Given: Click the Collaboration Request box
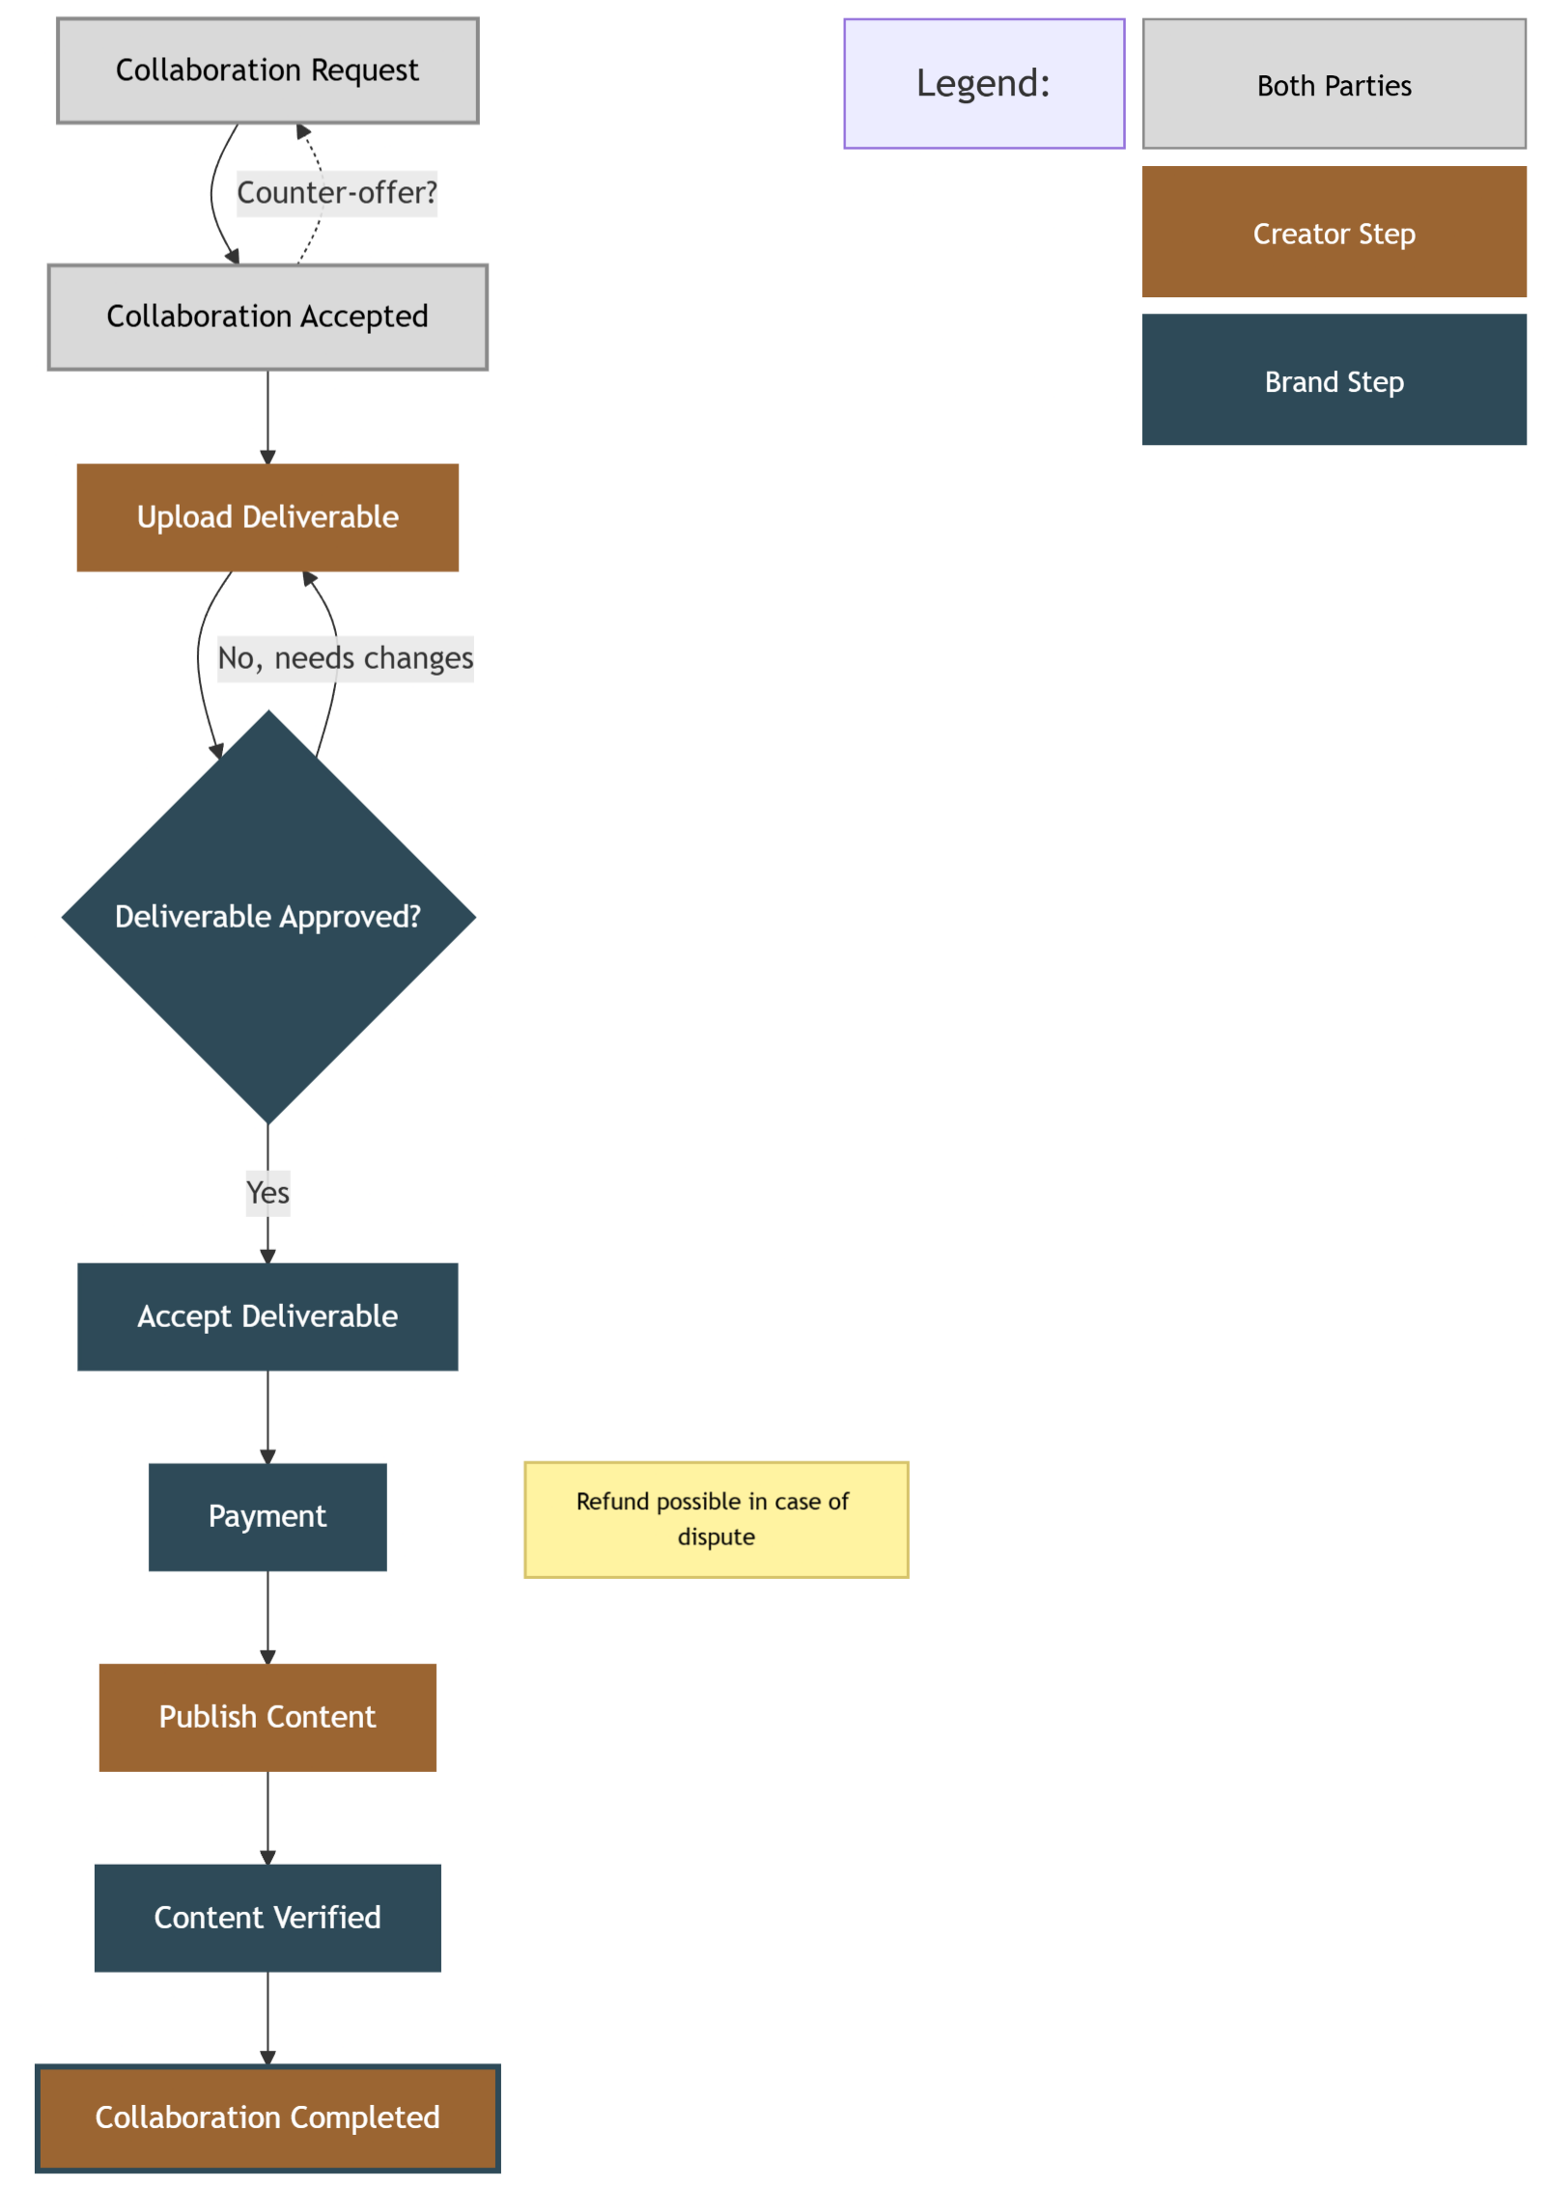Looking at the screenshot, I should [267, 70].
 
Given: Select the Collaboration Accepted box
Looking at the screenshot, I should [267, 317].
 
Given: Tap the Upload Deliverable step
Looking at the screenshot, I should [267, 517].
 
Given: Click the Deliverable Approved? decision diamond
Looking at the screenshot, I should [267, 917].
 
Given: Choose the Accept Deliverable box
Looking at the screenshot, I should [267, 1316].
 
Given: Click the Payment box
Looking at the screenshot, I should [267, 1516].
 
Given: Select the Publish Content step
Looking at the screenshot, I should [267, 1717].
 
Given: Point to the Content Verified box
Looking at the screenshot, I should [267, 1917].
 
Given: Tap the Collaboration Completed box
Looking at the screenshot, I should [267, 2118].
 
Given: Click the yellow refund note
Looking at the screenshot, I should [716, 1519].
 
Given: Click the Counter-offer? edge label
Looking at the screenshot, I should [337, 193].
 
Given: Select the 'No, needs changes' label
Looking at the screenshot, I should [345, 658].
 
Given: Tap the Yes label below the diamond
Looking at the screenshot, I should [267, 1193].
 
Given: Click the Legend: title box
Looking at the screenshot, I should [983, 84].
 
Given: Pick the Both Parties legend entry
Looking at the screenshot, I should [1334, 85].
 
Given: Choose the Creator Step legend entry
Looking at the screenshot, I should [1334, 233].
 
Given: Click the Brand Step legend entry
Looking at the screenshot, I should [1334, 380].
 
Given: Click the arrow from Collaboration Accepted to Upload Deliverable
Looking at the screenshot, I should [268, 415].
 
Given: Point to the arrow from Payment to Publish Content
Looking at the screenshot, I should [268, 1617].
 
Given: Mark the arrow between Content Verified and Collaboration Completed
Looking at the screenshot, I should [268, 2017].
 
